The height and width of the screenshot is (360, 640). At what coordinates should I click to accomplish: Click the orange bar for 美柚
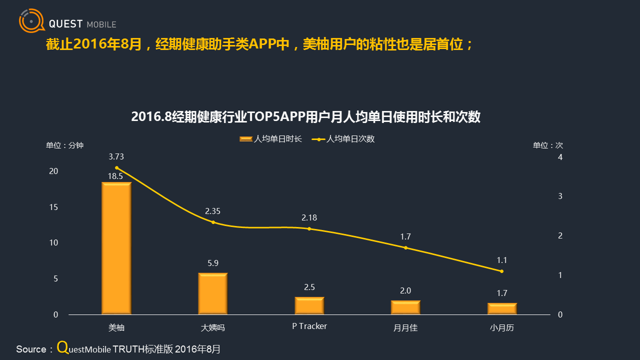pos(116,248)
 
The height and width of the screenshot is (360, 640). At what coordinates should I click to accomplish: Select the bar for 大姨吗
pos(213,293)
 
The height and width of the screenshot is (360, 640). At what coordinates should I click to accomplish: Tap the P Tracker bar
pos(309,305)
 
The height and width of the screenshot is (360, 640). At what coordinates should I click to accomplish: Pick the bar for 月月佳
pos(405,307)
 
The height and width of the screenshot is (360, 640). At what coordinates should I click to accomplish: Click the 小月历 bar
pos(502,308)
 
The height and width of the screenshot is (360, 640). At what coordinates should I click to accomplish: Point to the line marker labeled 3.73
pos(116,168)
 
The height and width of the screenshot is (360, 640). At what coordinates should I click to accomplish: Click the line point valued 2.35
pos(213,222)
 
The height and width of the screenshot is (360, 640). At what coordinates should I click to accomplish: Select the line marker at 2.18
pos(309,229)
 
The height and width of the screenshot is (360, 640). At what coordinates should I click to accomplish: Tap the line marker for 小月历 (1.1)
pos(502,271)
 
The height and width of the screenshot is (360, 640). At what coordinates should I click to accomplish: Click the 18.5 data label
pos(115,176)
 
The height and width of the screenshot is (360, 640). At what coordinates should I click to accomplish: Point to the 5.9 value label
pos(213,263)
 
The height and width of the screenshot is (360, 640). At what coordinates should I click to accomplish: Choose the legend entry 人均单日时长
pos(271,139)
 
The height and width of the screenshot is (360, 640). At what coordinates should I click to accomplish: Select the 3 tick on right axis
pos(560,196)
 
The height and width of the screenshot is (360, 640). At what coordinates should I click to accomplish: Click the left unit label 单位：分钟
pos(65,145)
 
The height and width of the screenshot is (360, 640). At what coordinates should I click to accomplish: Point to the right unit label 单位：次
pos(547,145)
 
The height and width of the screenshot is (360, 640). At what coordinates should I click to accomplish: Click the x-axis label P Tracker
pos(309,326)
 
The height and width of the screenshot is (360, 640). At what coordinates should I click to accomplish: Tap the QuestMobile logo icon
pos(30,21)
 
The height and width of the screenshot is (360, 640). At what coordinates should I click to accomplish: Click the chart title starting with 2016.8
pos(305,117)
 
